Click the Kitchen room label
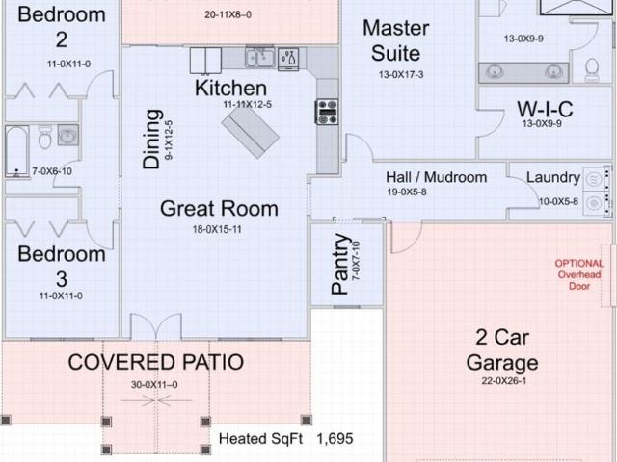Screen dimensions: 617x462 pos(230,88)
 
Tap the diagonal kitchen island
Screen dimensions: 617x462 pos(251,132)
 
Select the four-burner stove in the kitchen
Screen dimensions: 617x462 pos(327,112)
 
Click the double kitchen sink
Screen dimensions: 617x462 pos(260,58)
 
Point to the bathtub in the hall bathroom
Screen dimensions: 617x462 pos(17,151)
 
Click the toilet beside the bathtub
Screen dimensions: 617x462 pos(45,138)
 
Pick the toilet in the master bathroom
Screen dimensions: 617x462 pos(592,69)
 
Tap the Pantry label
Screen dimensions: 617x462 pos(339,264)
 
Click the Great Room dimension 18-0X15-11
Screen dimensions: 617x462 pos(217,229)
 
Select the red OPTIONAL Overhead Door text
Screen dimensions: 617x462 pos(579,274)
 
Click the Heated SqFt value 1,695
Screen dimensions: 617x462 pos(335,439)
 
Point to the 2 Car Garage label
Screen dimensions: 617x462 pos(502,350)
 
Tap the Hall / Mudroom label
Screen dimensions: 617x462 pos(436,177)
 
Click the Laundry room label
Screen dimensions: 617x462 pos(553,177)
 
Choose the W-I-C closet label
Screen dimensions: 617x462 pos(545,109)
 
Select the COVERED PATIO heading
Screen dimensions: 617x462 pos(156,362)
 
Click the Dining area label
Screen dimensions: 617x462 pos(151,139)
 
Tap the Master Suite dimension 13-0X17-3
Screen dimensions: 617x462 pos(401,75)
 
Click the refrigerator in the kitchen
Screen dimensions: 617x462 pos(205,61)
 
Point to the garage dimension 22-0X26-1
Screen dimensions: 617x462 pos(503,381)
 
